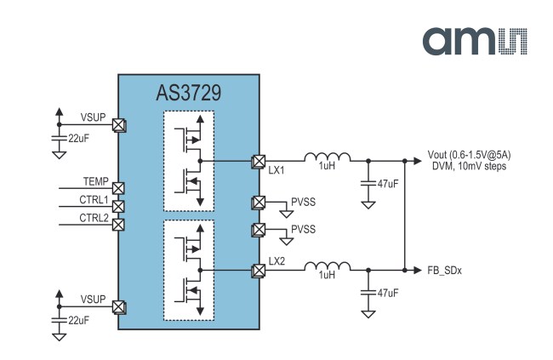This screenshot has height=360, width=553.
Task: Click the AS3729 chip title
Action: coord(189,93)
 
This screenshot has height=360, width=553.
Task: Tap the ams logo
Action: coord(475,41)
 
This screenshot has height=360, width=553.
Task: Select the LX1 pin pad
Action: coord(259,162)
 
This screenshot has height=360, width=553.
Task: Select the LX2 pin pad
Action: coord(259,271)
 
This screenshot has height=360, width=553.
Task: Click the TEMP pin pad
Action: coord(118,188)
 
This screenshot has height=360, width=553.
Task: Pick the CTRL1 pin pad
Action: coord(118,207)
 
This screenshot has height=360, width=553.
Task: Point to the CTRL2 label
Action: coord(94,218)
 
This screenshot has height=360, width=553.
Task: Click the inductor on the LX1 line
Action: coord(328,157)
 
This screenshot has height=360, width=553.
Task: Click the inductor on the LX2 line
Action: coord(328,266)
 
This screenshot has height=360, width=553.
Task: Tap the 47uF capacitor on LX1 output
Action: coord(368,184)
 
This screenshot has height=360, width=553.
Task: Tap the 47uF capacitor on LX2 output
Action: coord(368,293)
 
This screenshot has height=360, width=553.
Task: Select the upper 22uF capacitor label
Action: coord(78,139)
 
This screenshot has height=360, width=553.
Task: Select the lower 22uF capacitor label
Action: coord(78,321)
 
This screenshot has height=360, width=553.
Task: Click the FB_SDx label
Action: coord(444,271)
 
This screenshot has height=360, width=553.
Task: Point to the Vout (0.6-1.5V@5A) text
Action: coord(469,155)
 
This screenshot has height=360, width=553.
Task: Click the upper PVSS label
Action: coord(304,203)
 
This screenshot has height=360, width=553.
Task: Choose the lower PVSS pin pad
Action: coord(259,230)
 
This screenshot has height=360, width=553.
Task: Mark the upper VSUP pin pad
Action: coord(119,125)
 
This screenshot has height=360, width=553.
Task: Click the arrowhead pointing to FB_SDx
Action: coord(418,271)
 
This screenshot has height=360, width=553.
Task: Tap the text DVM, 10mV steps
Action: coord(469,166)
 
